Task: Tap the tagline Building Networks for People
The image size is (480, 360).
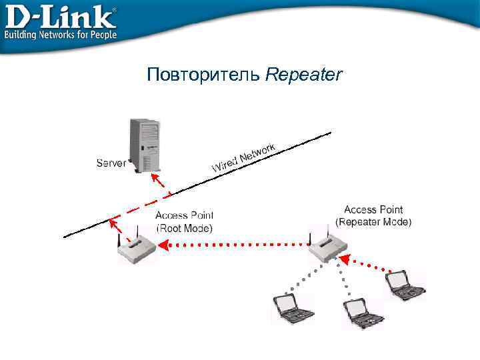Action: tap(61, 34)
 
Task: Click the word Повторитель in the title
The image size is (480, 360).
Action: tap(204, 75)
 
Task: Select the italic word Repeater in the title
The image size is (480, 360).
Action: tap(303, 75)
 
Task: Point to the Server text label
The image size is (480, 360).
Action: tap(111, 163)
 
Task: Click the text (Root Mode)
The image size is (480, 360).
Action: tap(184, 228)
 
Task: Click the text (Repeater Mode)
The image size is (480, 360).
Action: tap(373, 221)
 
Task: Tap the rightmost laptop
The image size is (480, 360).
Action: tap(405, 285)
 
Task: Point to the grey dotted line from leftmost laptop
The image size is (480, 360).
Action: tap(303, 277)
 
